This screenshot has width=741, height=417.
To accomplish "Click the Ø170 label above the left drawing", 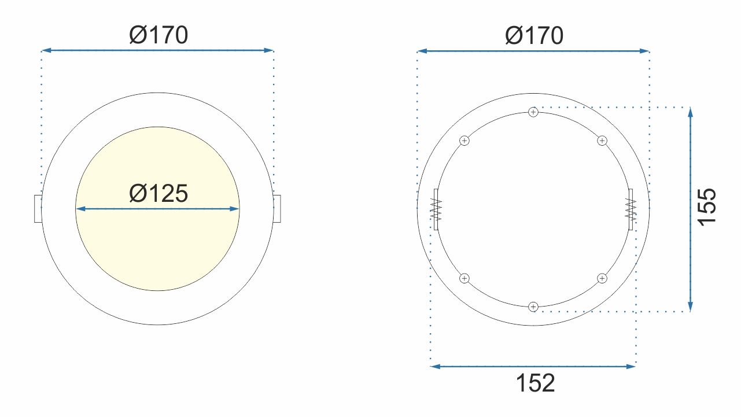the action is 158,35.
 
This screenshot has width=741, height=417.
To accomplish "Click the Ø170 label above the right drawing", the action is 534,35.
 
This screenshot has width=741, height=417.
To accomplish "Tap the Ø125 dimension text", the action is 158,193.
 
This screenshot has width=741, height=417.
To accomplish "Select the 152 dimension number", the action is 535,383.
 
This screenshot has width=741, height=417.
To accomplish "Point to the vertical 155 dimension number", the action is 707,207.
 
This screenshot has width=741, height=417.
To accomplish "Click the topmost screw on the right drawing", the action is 533,112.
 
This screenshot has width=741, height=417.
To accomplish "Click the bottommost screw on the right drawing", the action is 533,307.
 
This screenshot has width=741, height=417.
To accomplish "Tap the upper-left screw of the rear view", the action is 464,141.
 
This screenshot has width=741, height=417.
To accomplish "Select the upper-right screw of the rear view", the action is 602,141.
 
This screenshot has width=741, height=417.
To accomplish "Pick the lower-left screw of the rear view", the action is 464,278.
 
